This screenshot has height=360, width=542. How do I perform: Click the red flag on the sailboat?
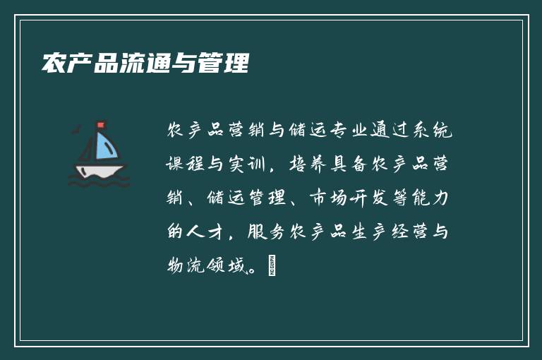100,126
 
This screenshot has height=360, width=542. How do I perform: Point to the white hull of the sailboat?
99,170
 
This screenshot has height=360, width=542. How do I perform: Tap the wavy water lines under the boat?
99,182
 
